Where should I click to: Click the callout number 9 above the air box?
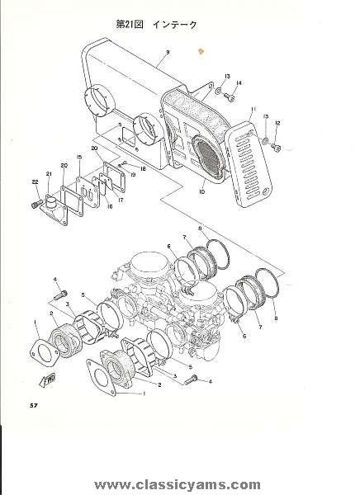(x=168, y=52)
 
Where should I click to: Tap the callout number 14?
(x=239, y=83)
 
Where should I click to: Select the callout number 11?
(x=253, y=110)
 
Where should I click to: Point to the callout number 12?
(x=277, y=123)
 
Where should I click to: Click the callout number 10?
(x=202, y=191)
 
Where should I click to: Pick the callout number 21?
(x=49, y=173)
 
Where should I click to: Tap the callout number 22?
(x=35, y=181)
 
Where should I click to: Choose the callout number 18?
(x=143, y=169)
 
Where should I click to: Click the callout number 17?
(x=121, y=200)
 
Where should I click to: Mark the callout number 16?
(x=110, y=207)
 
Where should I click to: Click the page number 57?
(x=34, y=406)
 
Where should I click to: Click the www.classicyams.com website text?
(x=178, y=484)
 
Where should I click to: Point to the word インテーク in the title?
(x=175, y=25)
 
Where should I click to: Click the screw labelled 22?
(x=37, y=204)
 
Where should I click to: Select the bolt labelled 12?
(x=276, y=147)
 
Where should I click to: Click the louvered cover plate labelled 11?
(x=248, y=165)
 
